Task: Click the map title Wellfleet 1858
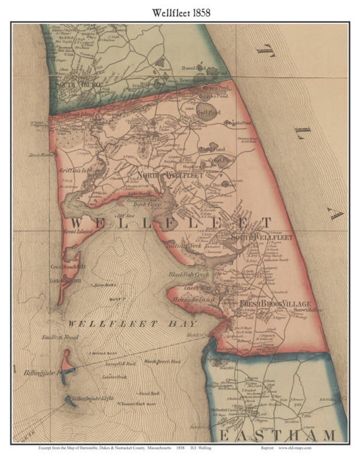pos(181,13)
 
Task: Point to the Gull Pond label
pos(209,113)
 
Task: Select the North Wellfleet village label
pos(170,175)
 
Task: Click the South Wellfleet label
pos(262,237)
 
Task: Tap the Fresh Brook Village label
pos(275,304)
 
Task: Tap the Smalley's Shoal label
pos(60,337)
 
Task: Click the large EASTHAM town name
pos(277,436)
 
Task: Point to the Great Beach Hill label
pos(65,267)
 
